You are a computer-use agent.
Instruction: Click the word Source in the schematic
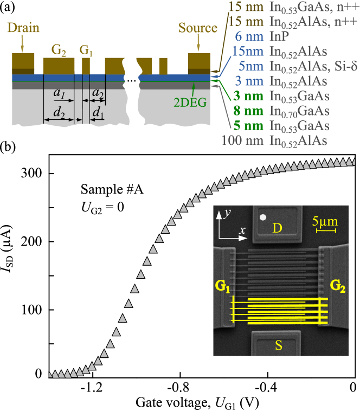[x=199, y=28]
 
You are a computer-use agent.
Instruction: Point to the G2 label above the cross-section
[x=59, y=50]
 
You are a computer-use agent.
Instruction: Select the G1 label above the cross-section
[x=86, y=50]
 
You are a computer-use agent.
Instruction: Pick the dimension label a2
[x=98, y=93]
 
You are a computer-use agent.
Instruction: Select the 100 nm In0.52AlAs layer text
[x=274, y=140]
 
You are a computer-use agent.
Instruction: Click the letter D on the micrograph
[x=277, y=228]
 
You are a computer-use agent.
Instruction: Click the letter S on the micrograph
[x=278, y=345]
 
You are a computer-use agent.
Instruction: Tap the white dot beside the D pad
[x=263, y=217]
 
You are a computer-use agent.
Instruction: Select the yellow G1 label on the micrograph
[x=222, y=286]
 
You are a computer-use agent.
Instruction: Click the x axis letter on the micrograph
[x=242, y=230]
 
